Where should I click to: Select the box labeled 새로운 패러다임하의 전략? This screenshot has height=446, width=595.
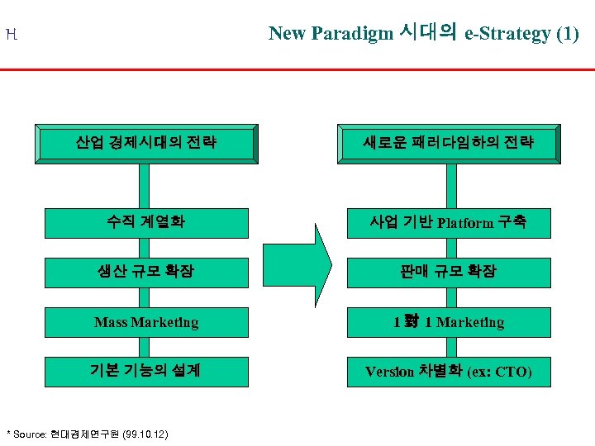pos(449,143)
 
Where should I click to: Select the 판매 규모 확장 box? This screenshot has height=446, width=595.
pos(449,271)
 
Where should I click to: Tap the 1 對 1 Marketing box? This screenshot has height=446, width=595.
pos(449,322)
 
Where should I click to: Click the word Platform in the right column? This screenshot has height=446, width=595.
pos(466,223)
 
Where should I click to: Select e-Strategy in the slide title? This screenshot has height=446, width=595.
pos(507,34)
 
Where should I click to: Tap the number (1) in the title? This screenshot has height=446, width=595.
pos(568,34)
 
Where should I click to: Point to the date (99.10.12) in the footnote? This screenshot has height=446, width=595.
pos(145,434)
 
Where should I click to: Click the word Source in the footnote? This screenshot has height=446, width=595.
pos(30,434)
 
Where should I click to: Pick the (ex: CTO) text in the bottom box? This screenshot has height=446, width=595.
pos(499,372)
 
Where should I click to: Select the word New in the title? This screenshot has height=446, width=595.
pos(287,34)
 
